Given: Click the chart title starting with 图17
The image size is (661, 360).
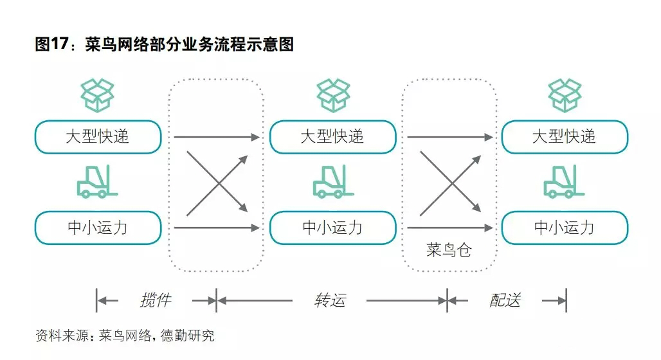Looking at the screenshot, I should point(165,45).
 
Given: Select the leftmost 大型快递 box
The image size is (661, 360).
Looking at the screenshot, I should point(98,137).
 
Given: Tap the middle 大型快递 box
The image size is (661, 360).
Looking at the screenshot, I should point(332,137).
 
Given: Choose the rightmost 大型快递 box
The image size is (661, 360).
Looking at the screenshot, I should point(565,137).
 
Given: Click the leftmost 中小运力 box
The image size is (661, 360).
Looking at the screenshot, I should point(98,228).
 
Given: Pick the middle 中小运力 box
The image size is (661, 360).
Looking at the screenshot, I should point(332,228).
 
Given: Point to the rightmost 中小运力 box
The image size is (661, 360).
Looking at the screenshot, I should point(565,228).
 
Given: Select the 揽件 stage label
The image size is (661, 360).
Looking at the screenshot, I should point(156,300).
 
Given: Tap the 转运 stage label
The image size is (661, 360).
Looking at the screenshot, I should point(330,300).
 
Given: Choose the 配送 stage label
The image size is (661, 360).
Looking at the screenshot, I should point(505,300).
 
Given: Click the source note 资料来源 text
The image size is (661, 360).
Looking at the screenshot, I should point(125,336).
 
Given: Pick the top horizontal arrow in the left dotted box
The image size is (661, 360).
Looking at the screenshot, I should point(216,137).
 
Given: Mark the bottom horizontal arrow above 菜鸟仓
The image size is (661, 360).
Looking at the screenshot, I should point(449,228).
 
